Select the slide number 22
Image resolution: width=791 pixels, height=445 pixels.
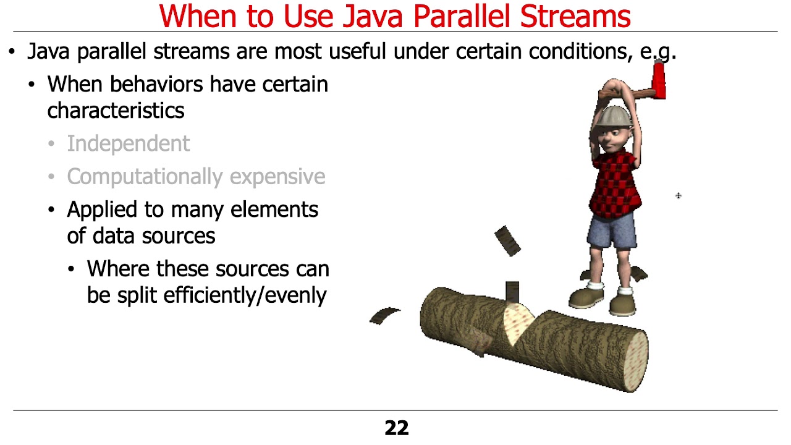tap(396, 428)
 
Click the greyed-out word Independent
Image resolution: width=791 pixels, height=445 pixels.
tap(128, 143)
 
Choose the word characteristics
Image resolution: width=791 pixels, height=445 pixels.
tap(116, 111)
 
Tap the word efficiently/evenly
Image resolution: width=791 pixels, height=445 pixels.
tap(245, 295)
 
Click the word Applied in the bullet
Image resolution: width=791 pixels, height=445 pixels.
tap(103, 210)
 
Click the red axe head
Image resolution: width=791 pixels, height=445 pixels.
tap(659, 80)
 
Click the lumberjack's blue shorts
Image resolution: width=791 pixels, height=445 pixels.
tap(612, 232)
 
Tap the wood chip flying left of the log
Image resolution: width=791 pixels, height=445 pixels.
tap(384, 316)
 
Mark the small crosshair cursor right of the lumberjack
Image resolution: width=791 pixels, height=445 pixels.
tap(678, 196)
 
